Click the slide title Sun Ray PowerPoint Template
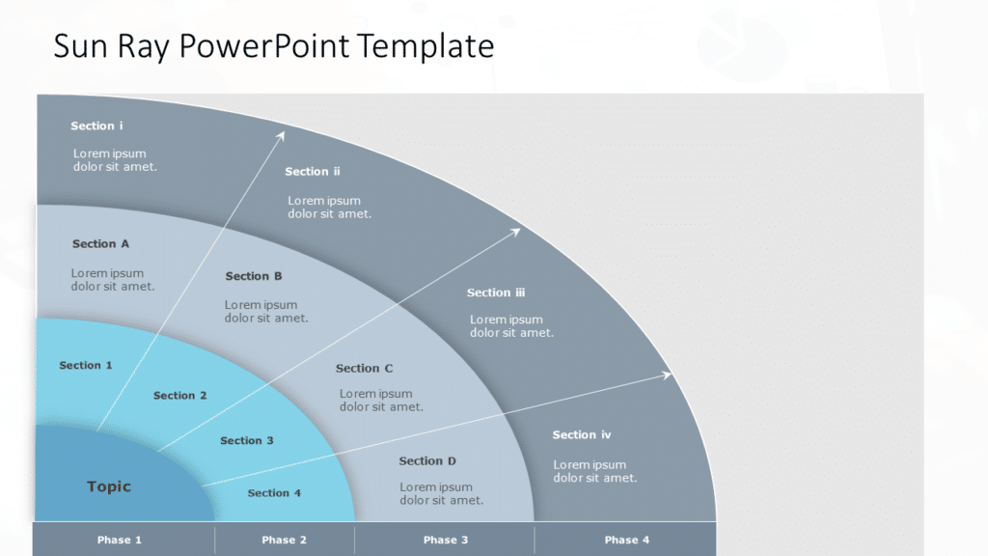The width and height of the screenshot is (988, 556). (273, 46)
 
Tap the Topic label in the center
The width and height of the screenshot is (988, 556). (109, 486)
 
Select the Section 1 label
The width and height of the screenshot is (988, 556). (86, 366)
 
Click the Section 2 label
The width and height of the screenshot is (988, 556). (180, 396)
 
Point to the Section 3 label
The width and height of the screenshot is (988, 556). (247, 441)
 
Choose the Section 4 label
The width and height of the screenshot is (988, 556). (275, 493)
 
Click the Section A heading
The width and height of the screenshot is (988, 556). (100, 244)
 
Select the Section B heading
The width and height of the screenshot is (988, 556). (254, 276)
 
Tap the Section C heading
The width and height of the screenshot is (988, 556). (365, 369)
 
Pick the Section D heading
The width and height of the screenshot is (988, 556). (427, 461)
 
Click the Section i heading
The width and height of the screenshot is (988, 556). (96, 126)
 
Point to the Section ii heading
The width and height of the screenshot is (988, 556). (313, 172)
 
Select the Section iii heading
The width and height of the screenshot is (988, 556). (496, 292)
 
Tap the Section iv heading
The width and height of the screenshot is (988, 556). (582, 435)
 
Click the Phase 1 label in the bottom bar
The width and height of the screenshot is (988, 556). (120, 540)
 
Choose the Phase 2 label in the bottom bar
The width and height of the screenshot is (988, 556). (285, 540)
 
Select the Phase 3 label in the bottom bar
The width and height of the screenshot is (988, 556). (446, 540)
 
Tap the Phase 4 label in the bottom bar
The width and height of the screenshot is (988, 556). (627, 540)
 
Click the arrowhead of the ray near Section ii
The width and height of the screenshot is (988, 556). (282, 135)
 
